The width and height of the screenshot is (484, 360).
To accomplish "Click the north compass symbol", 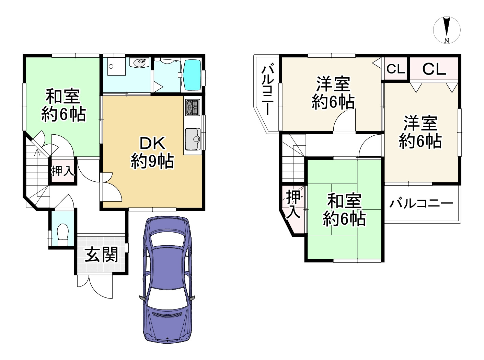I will point(447,30).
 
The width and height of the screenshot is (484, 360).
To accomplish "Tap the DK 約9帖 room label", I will point(152,153).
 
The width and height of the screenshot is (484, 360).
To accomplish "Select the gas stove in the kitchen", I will point(192,107).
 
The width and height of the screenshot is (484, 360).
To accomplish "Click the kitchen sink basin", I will point(193,139).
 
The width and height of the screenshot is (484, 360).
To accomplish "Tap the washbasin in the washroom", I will point(140,63).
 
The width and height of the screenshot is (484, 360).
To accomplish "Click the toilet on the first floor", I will point(62,233).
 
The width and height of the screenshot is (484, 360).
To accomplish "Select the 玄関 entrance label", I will point(101,255).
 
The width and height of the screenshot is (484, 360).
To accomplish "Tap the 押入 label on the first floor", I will point(62,171).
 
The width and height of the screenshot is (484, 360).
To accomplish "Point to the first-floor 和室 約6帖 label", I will point(63,105).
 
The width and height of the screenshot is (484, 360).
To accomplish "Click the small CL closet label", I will point(395,69).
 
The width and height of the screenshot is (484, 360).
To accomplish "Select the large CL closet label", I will point(434,69).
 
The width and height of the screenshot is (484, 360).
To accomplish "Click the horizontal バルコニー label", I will point(421,203).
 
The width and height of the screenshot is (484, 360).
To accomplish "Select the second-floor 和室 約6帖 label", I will point(344,210).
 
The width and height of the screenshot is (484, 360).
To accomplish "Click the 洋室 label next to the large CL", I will point(420,132).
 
